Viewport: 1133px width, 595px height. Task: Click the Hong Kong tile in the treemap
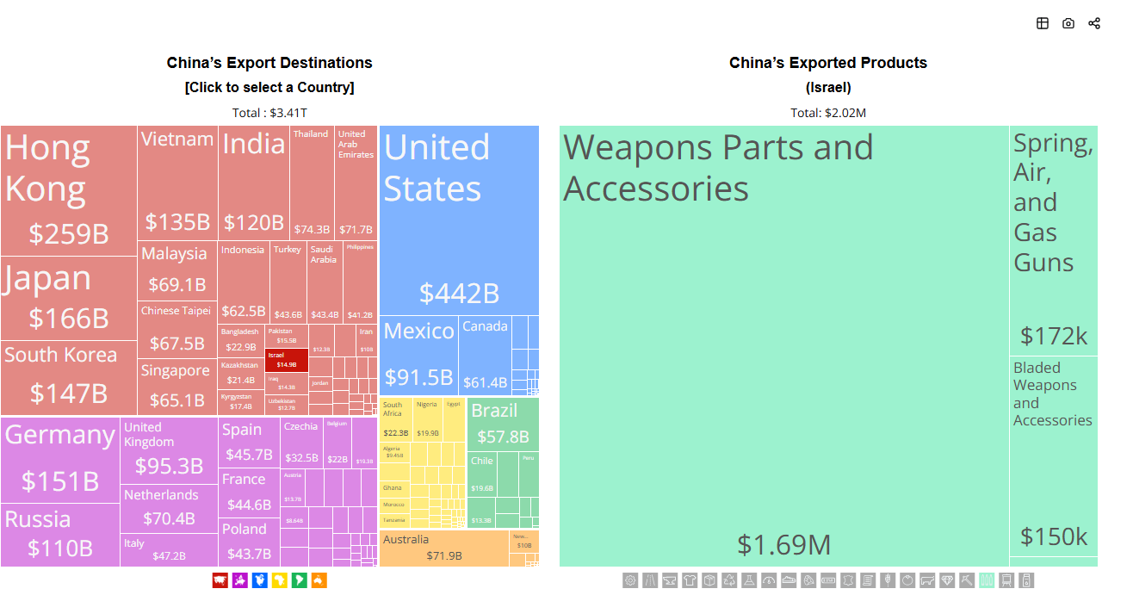click(x=68, y=189)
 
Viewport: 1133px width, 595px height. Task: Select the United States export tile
click(x=459, y=220)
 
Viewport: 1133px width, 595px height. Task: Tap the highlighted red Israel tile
click(x=286, y=360)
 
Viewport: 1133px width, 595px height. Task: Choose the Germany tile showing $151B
click(x=59, y=459)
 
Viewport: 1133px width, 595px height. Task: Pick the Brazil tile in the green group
click(x=503, y=422)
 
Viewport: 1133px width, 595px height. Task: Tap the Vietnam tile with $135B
click(x=177, y=183)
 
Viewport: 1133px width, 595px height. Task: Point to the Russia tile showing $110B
click(x=59, y=535)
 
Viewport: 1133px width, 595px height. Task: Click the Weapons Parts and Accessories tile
click(x=783, y=344)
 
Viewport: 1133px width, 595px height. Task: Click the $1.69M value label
click(x=783, y=544)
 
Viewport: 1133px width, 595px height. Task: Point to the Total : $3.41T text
click(x=269, y=113)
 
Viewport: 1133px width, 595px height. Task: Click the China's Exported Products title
click(x=827, y=63)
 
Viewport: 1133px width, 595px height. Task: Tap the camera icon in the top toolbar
click(x=1068, y=23)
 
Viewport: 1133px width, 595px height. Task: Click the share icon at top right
click(x=1093, y=23)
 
